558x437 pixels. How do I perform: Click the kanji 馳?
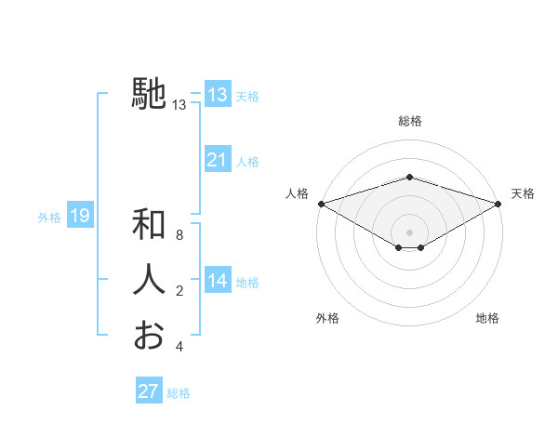click(x=149, y=94)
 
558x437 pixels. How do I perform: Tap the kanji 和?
click(x=149, y=225)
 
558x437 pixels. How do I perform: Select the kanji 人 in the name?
click(x=149, y=280)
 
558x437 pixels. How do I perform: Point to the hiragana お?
click(x=149, y=335)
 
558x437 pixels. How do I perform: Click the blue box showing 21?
click(x=217, y=160)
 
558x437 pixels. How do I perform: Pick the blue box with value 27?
click(x=148, y=391)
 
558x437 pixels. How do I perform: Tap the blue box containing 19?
click(x=79, y=217)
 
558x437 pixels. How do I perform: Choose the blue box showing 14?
click(x=217, y=281)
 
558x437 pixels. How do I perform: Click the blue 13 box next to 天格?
click(x=217, y=95)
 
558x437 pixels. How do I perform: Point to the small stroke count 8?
click(x=179, y=235)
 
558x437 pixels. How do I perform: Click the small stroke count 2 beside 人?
click(x=179, y=291)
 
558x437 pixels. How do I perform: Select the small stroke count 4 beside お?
click(x=179, y=347)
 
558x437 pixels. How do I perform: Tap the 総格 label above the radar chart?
click(x=409, y=122)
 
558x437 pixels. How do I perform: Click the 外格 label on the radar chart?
click(x=327, y=318)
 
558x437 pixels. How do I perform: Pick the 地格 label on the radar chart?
click(x=487, y=318)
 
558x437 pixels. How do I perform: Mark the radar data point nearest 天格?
click(x=498, y=203)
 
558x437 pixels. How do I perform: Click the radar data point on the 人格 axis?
click(x=321, y=203)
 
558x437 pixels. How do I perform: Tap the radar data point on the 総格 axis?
click(x=409, y=177)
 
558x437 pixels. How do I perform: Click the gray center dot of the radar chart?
click(x=409, y=232)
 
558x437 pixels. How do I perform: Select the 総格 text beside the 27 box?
click(x=179, y=393)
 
